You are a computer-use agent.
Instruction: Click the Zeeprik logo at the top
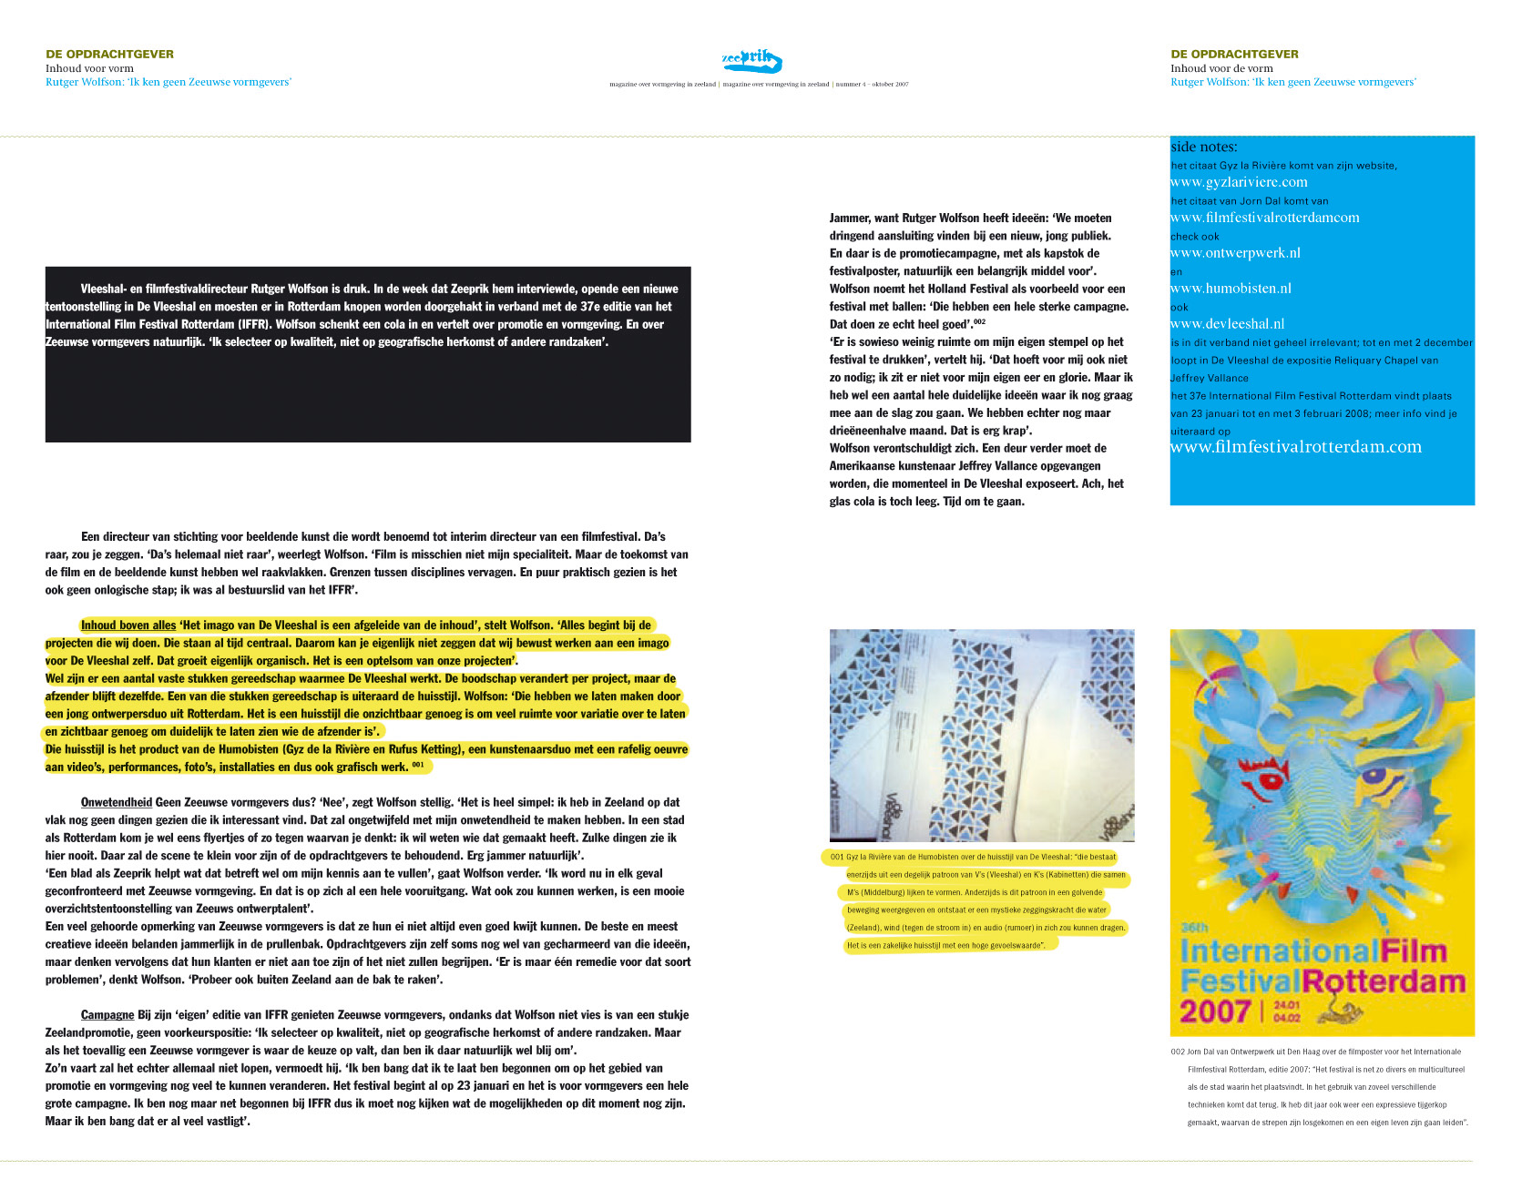tap(751, 61)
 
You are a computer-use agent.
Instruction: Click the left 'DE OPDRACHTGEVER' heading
tap(109, 54)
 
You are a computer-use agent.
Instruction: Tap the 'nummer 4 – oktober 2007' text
tap(872, 85)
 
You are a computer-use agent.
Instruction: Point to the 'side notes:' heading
tap(1203, 147)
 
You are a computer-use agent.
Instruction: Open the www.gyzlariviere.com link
tap(1239, 182)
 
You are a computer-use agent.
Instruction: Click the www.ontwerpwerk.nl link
tap(1235, 253)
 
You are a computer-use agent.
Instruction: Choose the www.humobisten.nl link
tap(1231, 289)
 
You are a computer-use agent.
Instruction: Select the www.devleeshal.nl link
tap(1227, 324)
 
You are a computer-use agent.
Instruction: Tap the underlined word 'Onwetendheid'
tap(116, 802)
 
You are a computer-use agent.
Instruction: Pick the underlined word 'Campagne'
tap(107, 1015)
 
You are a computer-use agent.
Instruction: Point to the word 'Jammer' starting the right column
tap(850, 219)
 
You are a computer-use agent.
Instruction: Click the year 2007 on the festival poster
tap(1215, 1011)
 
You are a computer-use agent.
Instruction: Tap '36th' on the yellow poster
tap(1194, 928)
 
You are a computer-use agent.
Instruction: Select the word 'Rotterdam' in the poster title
tap(1384, 982)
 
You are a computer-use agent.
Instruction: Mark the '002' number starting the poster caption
tap(1178, 1052)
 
